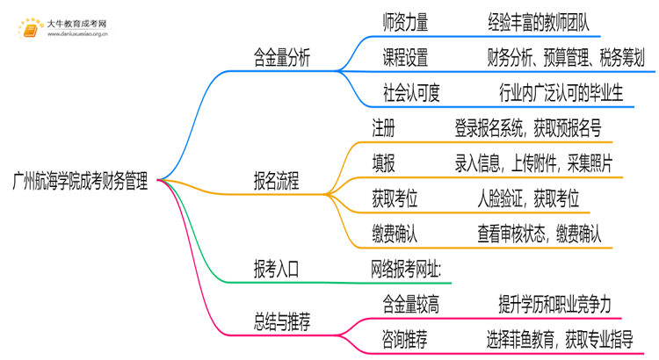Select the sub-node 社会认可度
tap(412, 93)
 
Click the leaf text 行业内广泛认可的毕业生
tap(560, 93)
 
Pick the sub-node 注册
tap(384, 128)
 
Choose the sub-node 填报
tap(384, 163)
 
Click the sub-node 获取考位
tap(395, 198)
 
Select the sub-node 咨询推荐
tap(405, 337)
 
